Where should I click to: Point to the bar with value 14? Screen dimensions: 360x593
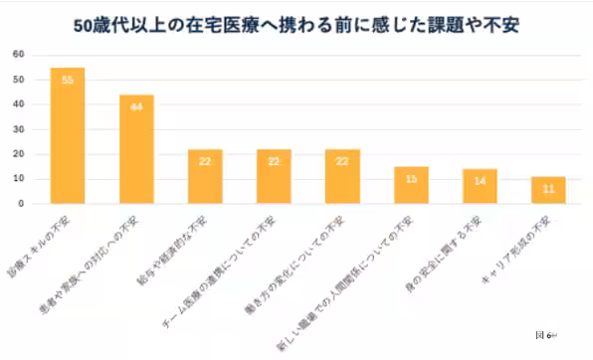(x=480, y=187)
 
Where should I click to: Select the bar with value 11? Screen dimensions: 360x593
(x=548, y=190)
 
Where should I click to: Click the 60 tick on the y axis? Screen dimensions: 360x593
(x=19, y=54)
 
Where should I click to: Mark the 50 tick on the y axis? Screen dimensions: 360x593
(x=19, y=79)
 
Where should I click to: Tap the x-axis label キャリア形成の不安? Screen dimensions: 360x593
(x=532, y=234)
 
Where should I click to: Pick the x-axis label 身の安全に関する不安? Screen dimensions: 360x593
(x=459, y=237)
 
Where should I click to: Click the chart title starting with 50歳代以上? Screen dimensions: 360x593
(x=296, y=23)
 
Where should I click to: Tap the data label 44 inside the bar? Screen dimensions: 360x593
(x=136, y=106)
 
